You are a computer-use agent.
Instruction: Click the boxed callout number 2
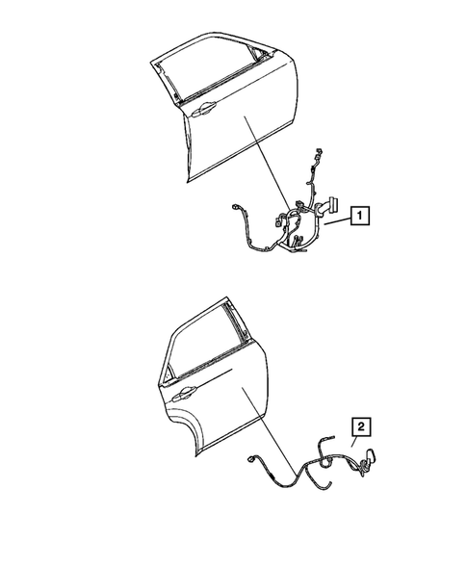click(x=359, y=424)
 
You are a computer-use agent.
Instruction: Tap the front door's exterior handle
click(x=203, y=113)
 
